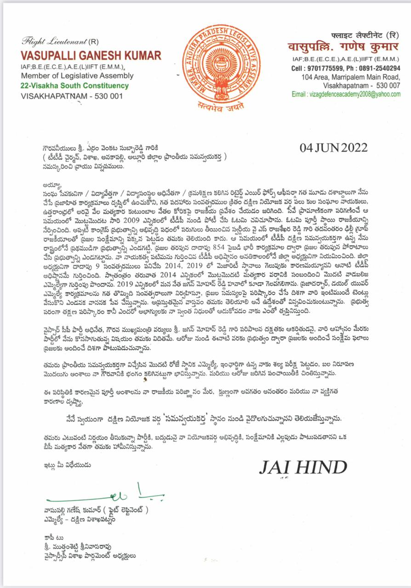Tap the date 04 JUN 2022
(333, 148)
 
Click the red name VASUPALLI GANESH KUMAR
(91, 56)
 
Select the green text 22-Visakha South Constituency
(74, 86)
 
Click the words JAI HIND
(303, 468)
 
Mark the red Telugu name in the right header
(344, 47)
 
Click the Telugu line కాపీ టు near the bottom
(48, 537)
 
